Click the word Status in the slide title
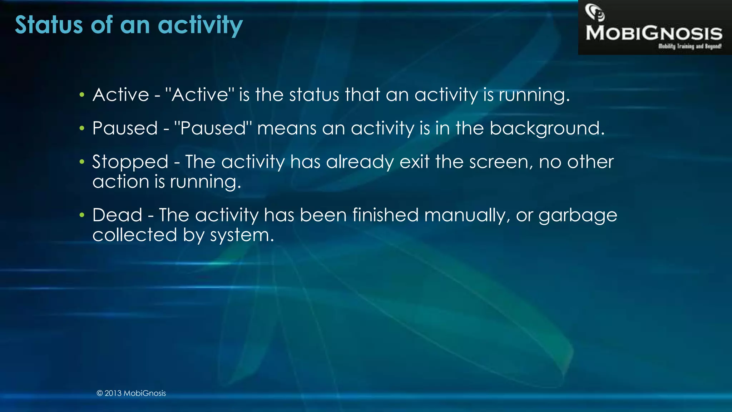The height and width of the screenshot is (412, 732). [49, 25]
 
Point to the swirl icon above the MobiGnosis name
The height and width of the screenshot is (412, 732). [594, 12]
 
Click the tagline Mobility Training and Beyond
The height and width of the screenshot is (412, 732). [689, 46]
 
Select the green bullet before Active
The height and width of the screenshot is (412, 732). [82, 95]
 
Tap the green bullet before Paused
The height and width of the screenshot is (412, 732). [82, 128]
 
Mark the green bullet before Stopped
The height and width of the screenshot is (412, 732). [82, 162]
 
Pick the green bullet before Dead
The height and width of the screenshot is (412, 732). [82, 215]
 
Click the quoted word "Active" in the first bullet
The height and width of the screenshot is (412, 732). [200, 94]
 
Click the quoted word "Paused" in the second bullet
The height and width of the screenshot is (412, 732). [213, 128]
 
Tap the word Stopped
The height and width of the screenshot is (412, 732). [130, 162]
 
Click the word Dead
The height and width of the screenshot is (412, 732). [117, 215]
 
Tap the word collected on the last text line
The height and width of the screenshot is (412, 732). [135, 235]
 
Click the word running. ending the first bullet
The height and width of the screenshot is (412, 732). [534, 95]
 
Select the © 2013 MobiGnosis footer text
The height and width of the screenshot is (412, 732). [131, 393]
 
